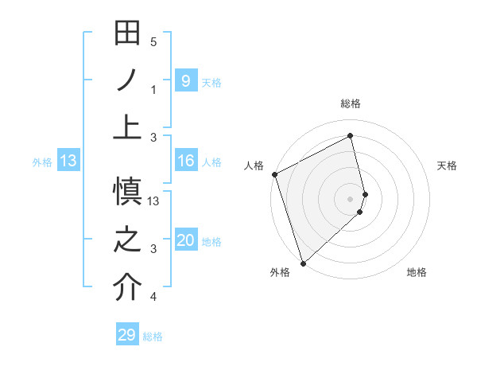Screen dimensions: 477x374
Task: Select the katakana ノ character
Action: coord(127,80)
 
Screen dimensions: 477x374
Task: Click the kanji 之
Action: coord(127,241)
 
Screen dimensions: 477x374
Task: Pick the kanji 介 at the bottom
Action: coord(127,289)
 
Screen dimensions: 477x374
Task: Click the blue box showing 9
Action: coord(185,80)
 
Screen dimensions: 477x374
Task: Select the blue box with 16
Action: coord(185,162)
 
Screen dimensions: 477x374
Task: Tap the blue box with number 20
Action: coord(185,240)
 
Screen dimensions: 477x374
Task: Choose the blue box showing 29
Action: coord(127,335)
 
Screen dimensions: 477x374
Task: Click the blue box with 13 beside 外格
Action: coord(68,162)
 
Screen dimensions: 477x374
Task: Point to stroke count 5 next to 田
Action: coord(153,42)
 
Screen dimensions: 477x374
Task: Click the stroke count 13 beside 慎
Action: coord(154,201)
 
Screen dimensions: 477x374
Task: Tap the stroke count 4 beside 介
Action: coord(153,297)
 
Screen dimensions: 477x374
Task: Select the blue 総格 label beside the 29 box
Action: coord(153,337)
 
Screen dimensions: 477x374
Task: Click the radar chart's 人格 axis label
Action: coord(254,166)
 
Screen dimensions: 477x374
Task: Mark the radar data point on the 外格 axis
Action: coord(303,263)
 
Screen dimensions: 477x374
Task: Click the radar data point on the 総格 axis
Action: coord(350,135)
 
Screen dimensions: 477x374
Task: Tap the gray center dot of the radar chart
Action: coord(350,199)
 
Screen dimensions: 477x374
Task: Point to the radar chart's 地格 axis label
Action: coord(417,273)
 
